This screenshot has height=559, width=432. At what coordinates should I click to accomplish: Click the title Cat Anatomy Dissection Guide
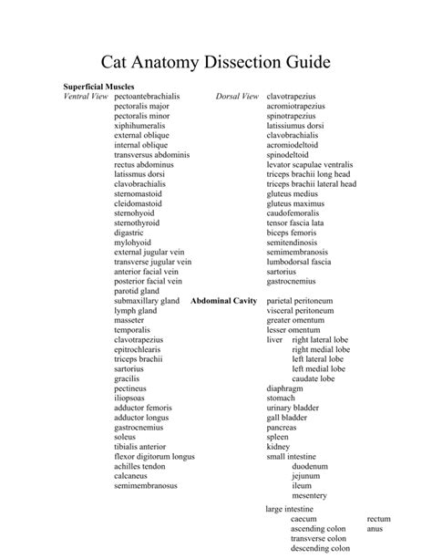[215, 63]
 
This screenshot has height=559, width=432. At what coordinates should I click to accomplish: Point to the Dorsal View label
[238, 97]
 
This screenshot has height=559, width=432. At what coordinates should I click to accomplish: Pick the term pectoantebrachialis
[147, 97]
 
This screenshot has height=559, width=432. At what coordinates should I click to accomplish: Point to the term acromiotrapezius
[296, 107]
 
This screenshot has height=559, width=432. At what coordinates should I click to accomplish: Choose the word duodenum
[311, 466]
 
